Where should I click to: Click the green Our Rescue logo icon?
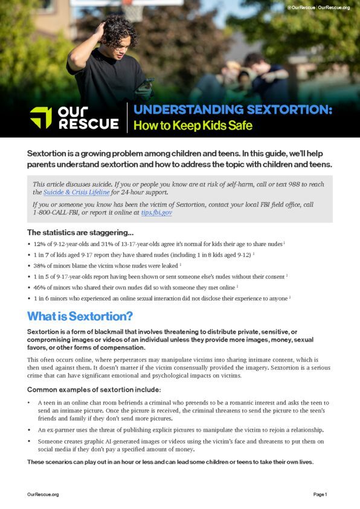pos(41,117)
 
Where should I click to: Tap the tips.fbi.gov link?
pos(156,213)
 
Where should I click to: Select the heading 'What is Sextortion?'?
pos(80,316)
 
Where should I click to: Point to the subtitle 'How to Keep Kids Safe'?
pos(193,126)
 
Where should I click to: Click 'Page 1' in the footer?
pos(320,494)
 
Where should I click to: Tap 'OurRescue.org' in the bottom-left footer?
pos(43,494)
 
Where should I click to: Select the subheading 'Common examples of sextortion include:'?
pos(94,389)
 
